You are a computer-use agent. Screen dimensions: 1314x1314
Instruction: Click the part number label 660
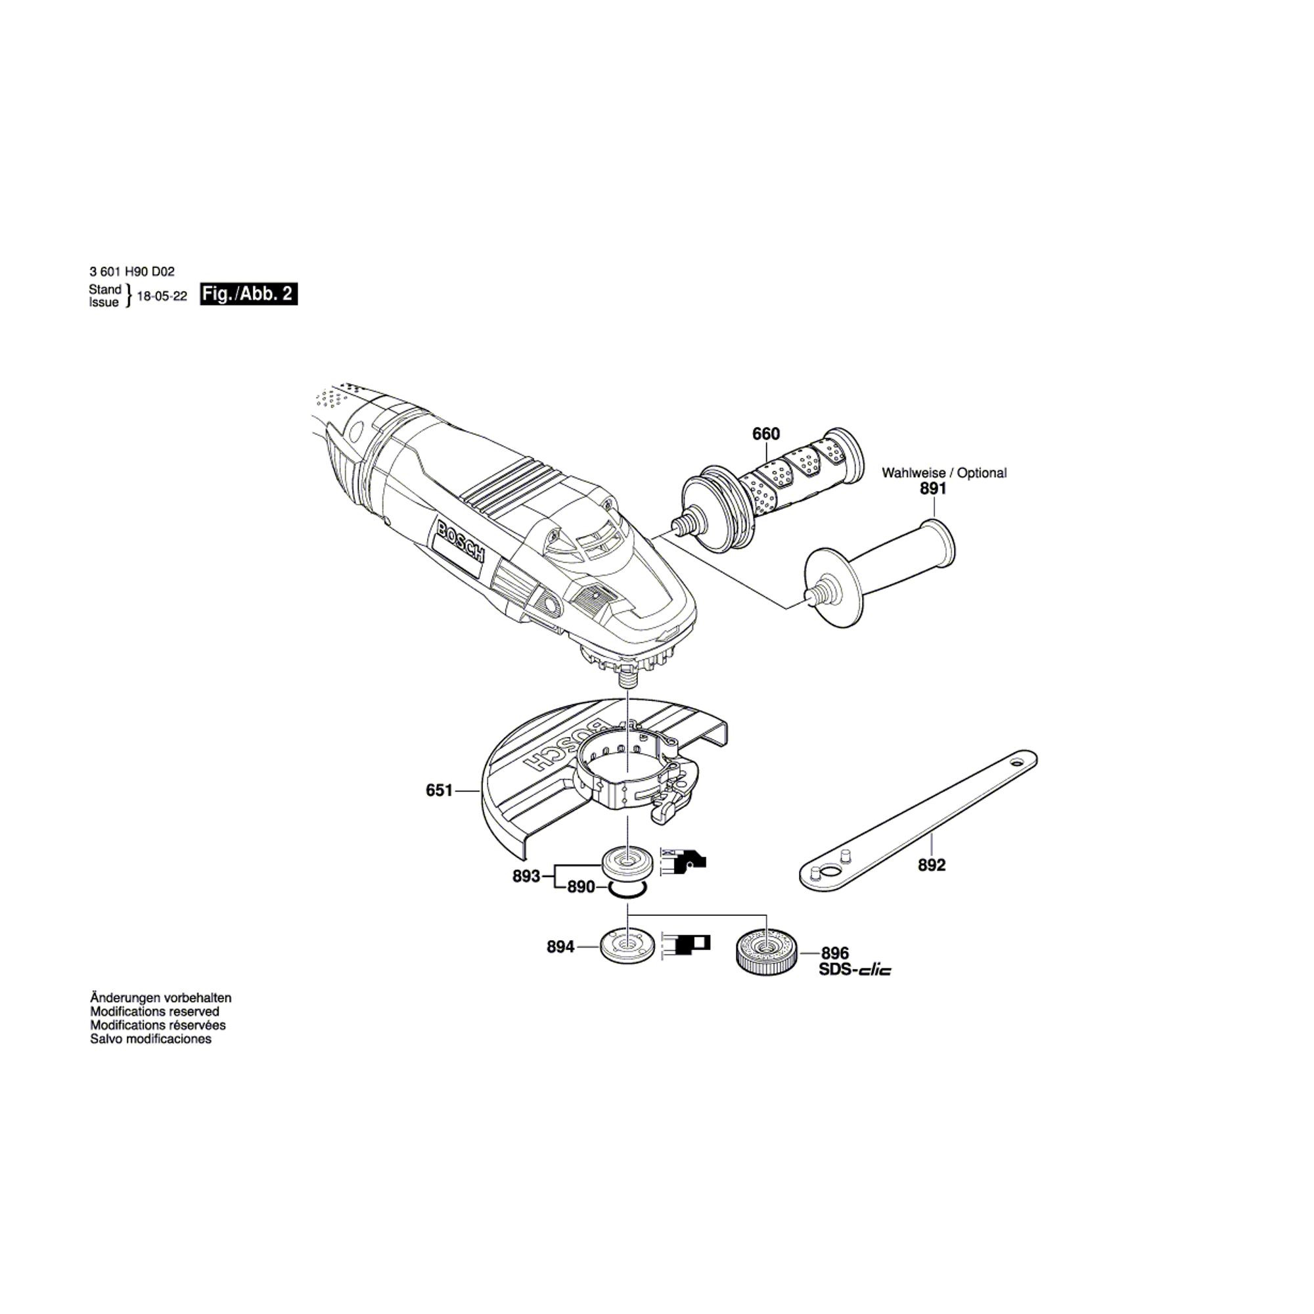[x=766, y=434]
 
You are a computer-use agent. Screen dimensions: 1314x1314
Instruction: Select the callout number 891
[x=933, y=488]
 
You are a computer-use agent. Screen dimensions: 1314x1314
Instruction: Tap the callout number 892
[x=932, y=865]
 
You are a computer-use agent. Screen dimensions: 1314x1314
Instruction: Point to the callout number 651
[x=440, y=790]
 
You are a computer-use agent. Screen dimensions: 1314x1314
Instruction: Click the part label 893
[x=526, y=876]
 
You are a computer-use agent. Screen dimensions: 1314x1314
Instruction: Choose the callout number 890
[x=581, y=887]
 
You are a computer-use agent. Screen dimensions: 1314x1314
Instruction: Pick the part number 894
[x=561, y=947]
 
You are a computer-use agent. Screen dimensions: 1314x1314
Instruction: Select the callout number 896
[x=835, y=953]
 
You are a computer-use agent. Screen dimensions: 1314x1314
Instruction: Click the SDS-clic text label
[x=855, y=970]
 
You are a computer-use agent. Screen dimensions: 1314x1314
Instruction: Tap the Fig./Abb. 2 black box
[x=249, y=294]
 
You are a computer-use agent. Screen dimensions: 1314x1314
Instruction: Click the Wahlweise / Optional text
[x=944, y=472]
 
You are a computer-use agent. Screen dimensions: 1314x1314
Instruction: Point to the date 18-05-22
[x=162, y=297]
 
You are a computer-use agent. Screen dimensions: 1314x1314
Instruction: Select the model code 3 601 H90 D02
[x=132, y=271]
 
